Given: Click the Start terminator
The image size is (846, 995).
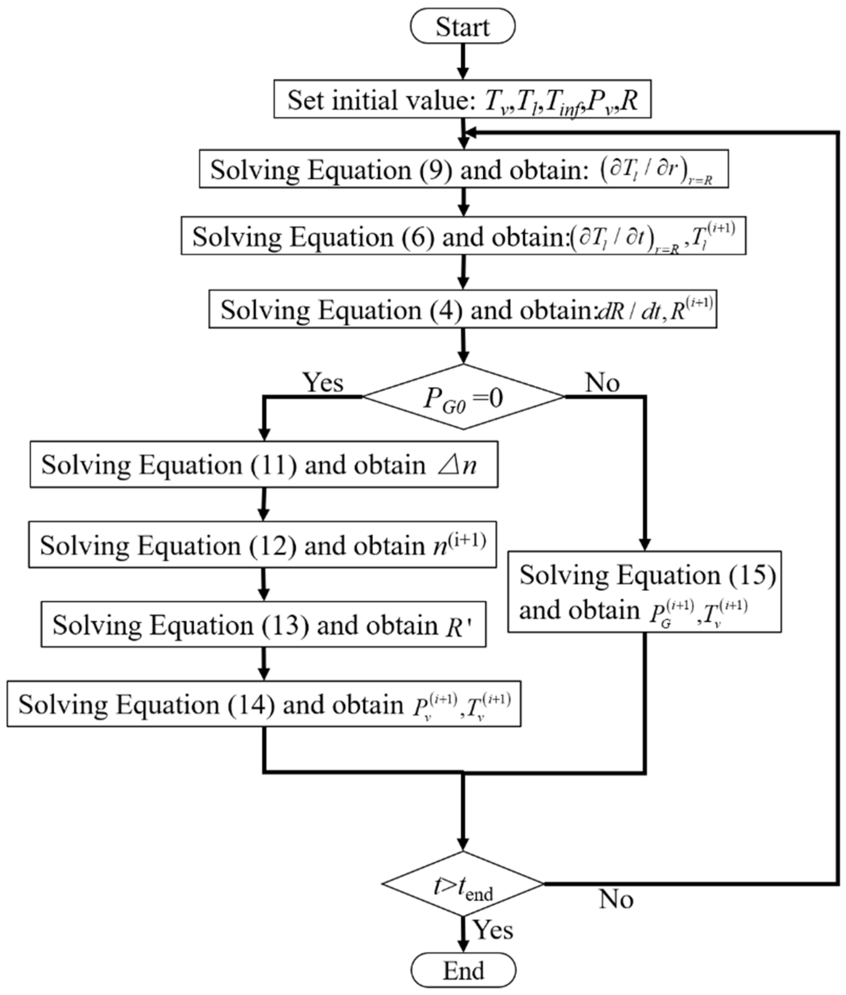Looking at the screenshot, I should [x=462, y=26].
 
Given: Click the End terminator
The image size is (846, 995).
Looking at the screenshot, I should [x=463, y=970].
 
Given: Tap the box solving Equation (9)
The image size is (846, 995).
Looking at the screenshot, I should [x=463, y=169].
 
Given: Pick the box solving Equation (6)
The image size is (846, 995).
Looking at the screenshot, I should [x=463, y=236].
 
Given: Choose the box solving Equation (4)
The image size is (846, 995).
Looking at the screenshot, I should [x=462, y=309].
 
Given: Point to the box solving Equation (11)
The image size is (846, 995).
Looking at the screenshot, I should [x=264, y=465].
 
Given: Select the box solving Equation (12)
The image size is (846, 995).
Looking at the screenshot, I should [x=262, y=544].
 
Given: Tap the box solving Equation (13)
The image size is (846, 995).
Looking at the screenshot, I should [x=263, y=624].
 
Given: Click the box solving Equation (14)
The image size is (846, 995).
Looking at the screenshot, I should [x=264, y=704].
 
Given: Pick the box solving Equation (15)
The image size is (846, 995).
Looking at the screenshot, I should [x=645, y=591].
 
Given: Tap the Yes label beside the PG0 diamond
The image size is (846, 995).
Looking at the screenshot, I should [x=323, y=383].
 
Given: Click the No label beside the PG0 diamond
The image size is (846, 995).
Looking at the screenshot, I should [x=602, y=383].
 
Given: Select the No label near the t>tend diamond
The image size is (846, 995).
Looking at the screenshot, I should [x=616, y=899].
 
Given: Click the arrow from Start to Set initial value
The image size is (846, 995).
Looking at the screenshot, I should [x=463, y=61].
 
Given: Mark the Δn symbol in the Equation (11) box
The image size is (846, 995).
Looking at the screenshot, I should [x=457, y=465].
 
